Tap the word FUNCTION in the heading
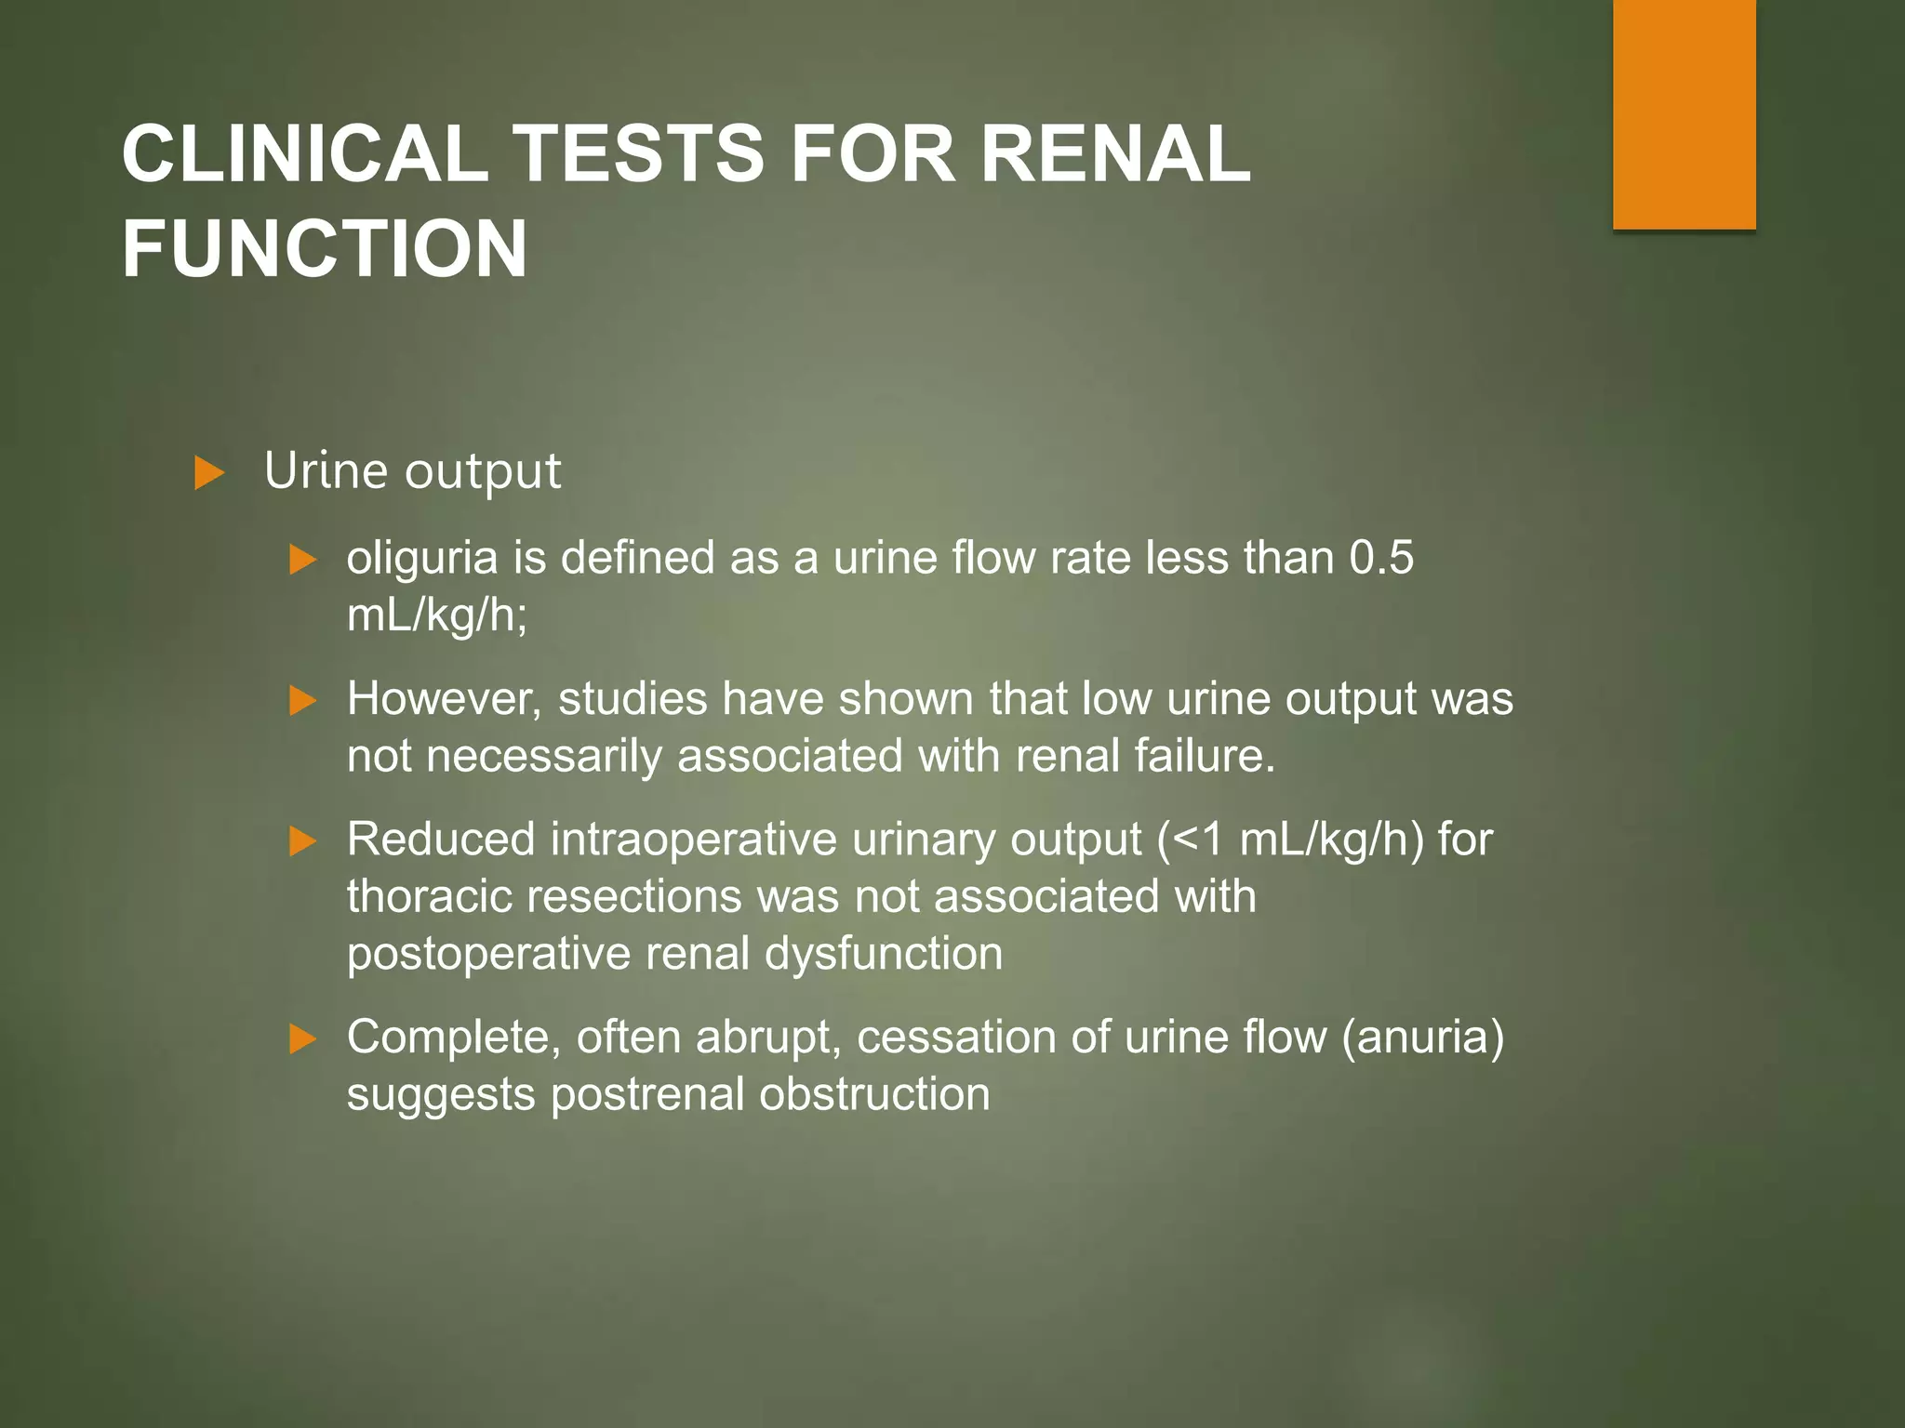[325, 249]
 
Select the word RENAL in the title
[1115, 154]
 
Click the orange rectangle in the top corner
[1684, 113]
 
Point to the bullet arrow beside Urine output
[209, 473]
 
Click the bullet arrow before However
[303, 700]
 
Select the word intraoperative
[694, 840]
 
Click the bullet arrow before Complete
[303, 1038]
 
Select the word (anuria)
[1422, 1038]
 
